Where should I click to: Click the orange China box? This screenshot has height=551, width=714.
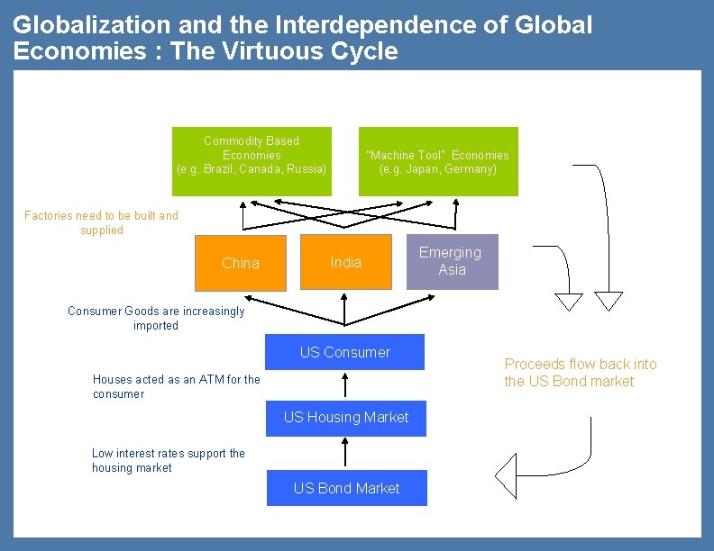coord(241,263)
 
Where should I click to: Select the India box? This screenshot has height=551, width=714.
coord(346,262)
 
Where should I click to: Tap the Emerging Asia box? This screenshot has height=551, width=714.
coord(452,261)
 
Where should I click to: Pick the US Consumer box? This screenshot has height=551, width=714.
coord(344,352)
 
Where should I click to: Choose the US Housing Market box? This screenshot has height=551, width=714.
coord(346,418)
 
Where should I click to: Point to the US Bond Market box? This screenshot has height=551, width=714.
coord(346,488)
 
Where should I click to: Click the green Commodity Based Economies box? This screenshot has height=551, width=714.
coord(252,161)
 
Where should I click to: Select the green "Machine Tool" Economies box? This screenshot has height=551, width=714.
coord(438,162)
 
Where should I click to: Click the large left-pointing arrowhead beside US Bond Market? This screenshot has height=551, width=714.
coord(507,475)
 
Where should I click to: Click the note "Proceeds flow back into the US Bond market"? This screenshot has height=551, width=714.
coord(581,373)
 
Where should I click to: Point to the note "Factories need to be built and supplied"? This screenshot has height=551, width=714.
coord(101,222)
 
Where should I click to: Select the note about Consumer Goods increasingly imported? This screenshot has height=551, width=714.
coord(156,318)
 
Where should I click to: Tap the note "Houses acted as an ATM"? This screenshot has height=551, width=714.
coord(176,386)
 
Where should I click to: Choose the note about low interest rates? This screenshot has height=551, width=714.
coord(168,460)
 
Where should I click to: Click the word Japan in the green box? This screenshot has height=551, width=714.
coord(421,169)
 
